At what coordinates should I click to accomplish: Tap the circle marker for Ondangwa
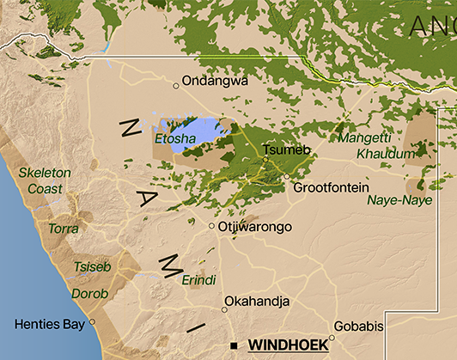point(176,85)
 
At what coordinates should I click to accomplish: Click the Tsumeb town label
point(284,149)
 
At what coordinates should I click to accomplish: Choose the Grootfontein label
point(331,187)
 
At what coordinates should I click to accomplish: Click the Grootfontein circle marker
point(287,177)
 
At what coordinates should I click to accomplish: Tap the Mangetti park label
point(364,137)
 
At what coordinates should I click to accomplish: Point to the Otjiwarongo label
point(255,227)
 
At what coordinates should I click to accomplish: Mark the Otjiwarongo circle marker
point(212,226)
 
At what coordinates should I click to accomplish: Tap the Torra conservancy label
point(64,229)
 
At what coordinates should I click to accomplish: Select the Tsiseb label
point(93,266)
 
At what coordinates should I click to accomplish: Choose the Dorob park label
point(90,294)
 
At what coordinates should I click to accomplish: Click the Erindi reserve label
point(198,280)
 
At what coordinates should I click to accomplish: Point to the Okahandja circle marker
point(225,309)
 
